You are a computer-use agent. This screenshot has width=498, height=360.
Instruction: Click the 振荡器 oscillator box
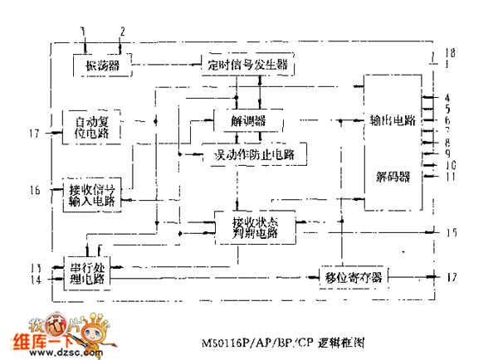pyautogui.click(x=97, y=63)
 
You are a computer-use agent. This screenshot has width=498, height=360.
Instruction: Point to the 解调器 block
pyautogui.click(x=249, y=121)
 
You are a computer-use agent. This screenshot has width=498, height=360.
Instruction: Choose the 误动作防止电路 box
pyautogui.click(x=254, y=153)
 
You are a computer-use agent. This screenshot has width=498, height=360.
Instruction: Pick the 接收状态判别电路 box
pyautogui.click(x=255, y=226)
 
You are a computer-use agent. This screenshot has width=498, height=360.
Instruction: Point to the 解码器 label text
pyautogui.click(x=393, y=177)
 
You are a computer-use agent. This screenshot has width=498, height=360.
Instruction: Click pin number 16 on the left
pyautogui.click(x=34, y=191)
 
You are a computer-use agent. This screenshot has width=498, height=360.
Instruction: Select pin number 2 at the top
pyautogui.click(x=121, y=32)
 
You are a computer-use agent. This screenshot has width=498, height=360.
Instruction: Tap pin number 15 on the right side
pyautogui.click(x=450, y=233)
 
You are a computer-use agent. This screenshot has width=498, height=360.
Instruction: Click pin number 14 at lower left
pyautogui.click(x=34, y=280)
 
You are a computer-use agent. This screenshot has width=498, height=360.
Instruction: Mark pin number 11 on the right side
pyautogui.click(x=448, y=176)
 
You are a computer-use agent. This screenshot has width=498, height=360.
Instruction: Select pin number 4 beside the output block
pyautogui.click(x=447, y=97)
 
